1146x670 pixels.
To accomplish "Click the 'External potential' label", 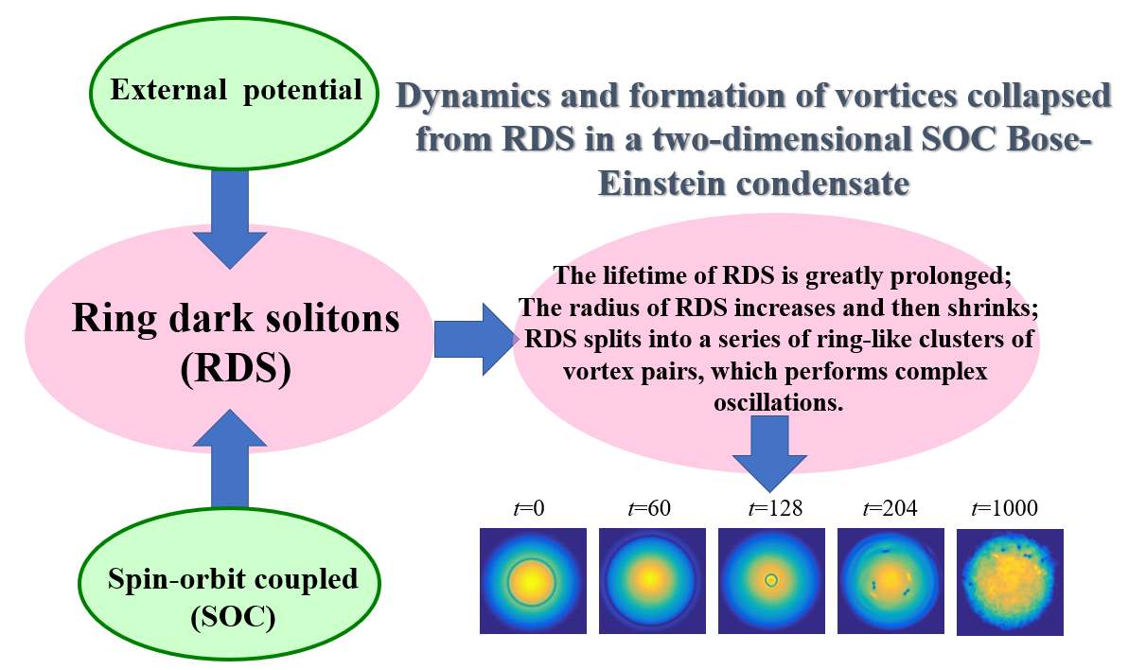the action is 236,91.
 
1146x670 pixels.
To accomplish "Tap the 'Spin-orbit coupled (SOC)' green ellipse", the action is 229,584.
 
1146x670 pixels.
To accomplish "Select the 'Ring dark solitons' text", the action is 236,318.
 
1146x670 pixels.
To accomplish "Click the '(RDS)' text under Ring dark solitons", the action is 236,368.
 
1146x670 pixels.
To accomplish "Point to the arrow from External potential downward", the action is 230,220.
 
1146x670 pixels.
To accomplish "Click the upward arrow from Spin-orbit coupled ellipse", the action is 230,458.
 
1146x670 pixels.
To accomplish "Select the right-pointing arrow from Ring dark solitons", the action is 476,340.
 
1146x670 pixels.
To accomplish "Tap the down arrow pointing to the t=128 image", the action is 770,453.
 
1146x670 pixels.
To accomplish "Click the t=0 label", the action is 529,508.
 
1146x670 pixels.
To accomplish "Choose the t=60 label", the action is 649,508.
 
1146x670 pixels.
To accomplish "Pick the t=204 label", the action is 890,508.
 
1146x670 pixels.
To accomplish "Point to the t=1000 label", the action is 1005,508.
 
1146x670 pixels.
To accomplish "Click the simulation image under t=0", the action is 533,581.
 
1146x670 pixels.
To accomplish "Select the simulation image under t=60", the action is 652,581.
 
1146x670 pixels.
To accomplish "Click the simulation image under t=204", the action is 890,581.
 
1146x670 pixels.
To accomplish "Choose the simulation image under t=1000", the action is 1010,583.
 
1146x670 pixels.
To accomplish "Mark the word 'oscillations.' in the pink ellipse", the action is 778,402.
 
